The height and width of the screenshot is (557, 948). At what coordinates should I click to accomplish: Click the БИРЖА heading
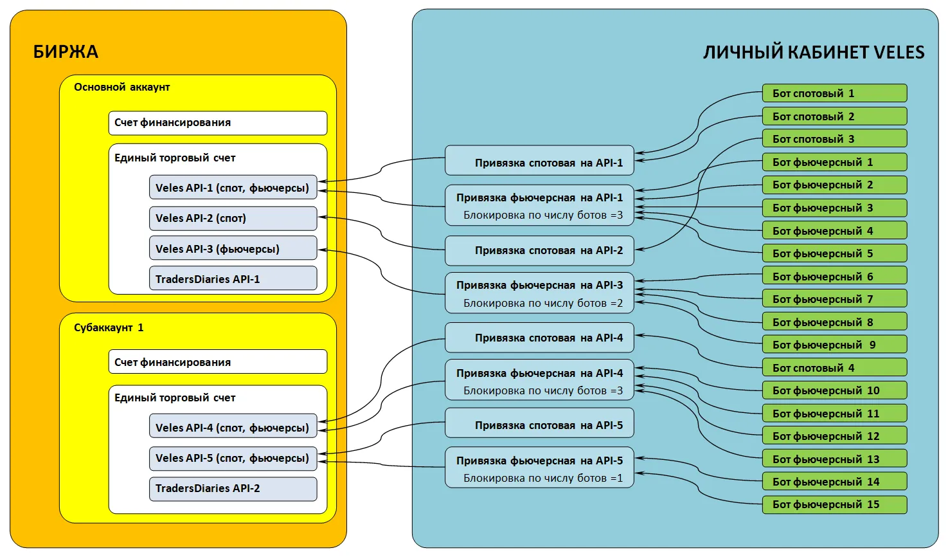(66, 51)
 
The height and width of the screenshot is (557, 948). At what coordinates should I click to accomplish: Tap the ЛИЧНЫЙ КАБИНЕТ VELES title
(813, 52)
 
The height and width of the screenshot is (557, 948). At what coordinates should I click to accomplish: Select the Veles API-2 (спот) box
(233, 218)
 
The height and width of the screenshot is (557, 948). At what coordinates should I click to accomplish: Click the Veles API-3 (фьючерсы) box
(233, 249)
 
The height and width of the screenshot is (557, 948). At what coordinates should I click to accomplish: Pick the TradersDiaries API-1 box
(233, 279)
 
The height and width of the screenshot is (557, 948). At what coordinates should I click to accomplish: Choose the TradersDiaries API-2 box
(233, 488)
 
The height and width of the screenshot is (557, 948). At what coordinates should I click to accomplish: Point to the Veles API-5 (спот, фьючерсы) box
(233, 458)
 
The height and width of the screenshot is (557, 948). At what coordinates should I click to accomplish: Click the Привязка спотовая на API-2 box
(539, 250)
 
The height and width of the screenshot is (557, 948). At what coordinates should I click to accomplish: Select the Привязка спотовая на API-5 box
(539, 425)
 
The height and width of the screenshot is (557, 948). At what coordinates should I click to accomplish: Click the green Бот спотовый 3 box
(834, 139)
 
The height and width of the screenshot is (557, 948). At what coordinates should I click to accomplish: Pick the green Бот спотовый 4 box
(834, 368)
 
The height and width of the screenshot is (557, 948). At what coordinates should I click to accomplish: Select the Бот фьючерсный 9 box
(834, 345)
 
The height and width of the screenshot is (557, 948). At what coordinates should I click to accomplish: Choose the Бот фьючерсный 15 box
(834, 504)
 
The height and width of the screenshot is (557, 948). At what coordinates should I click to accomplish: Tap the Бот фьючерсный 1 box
(834, 162)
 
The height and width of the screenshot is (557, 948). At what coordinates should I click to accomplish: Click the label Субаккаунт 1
(109, 327)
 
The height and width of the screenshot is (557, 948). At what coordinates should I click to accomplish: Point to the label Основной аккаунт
(121, 87)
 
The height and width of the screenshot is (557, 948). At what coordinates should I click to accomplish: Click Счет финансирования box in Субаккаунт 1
(217, 362)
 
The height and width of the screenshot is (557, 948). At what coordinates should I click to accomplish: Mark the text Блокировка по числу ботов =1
(543, 478)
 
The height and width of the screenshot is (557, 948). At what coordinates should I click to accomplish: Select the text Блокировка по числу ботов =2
(543, 303)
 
